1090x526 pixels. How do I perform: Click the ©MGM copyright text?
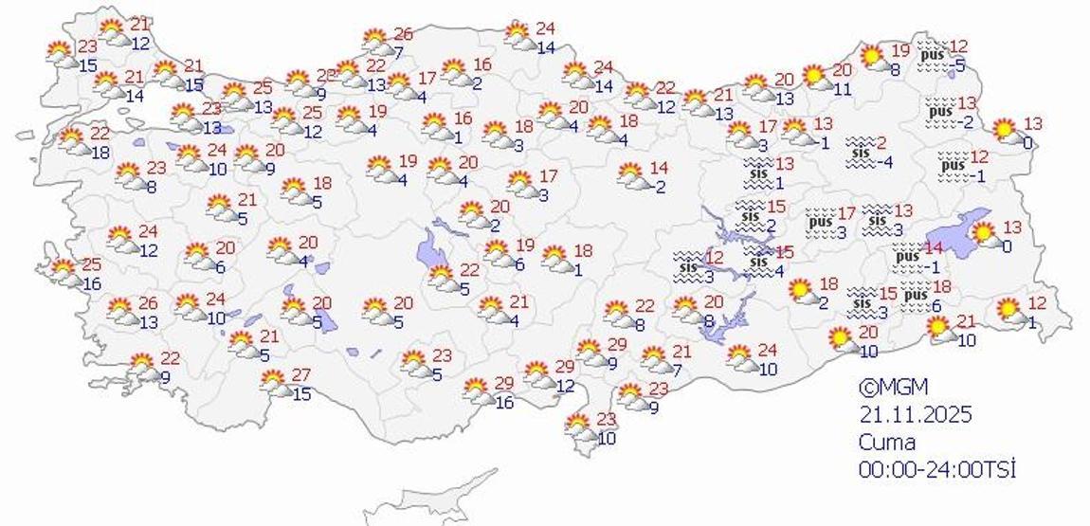[893, 387]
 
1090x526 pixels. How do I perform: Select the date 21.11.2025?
[916, 414]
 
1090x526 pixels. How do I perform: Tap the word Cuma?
[887, 442]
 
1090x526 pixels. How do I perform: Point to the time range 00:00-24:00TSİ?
[936, 469]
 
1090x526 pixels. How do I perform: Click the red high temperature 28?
[326, 75]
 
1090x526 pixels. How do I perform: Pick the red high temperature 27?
[300, 374]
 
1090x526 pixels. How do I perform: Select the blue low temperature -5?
[959, 65]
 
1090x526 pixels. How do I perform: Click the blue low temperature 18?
[100, 153]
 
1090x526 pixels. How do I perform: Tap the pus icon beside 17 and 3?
[818, 223]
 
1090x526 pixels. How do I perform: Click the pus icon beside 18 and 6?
[915, 296]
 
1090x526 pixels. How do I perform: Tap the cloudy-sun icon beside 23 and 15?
[63, 55]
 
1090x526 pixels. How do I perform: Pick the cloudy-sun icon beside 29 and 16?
[477, 390]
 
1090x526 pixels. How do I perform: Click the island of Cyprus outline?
[431, 498]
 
